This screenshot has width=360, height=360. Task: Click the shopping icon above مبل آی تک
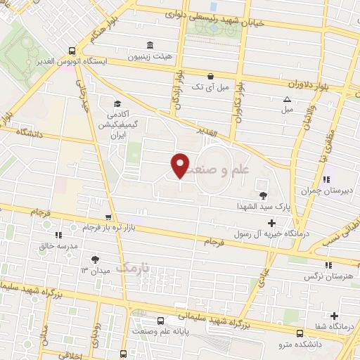[x=210, y=76]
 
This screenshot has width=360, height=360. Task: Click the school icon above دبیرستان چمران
[x=325, y=179]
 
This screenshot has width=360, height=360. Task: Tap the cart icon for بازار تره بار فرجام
[x=107, y=218]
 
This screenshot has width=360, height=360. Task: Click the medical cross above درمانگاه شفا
[x=334, y=316]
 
